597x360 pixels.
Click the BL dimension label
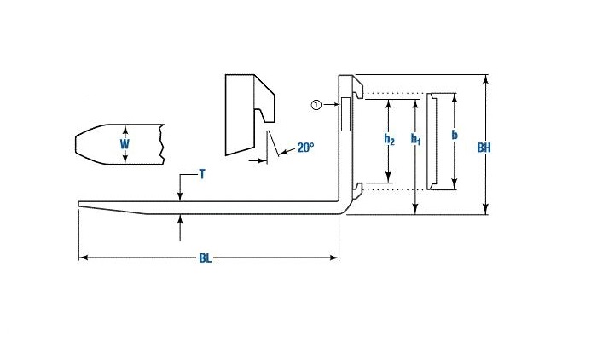click(205, 258)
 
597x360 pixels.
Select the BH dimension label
click(484, 148)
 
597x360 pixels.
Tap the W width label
click(125, 144)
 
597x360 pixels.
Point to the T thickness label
click(202, 175)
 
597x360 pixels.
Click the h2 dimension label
click(389, 139)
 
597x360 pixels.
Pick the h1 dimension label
click(415, 139)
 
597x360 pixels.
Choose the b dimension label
click(455, 135)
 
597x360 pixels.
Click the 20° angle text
click(305, 148)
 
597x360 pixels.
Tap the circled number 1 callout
click(316, 104)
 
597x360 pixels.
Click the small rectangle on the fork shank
click(345, 114)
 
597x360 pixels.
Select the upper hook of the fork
click(357, 87)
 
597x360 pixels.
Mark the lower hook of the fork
click(357, 190)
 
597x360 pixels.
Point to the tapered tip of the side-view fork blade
click(79, 204)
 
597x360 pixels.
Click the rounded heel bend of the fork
click(345, 206)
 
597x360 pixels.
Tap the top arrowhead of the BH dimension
click(485, 79)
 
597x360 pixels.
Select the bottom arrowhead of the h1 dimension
click(415, 210)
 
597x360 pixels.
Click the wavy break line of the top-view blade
click(162, 144)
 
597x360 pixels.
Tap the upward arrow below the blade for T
click(180, 228)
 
